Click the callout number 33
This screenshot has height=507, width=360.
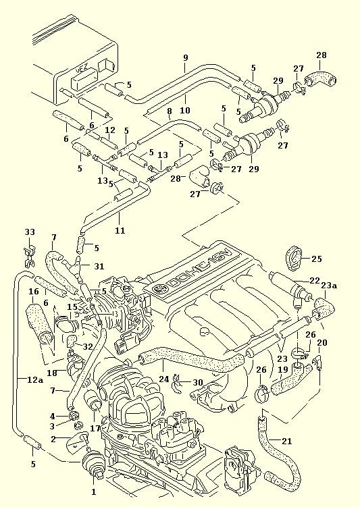pos(30,232)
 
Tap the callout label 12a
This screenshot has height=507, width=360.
pos(35,380)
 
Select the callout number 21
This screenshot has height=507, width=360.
pos(286,441)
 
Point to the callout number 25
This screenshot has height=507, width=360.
pos(317,259)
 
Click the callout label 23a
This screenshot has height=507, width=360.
pos(330,286)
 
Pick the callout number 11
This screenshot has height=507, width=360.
pos(120,230)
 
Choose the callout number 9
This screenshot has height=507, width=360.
pos(185,58)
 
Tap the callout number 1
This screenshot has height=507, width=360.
pos(94,491)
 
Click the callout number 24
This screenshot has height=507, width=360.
pos(164,378)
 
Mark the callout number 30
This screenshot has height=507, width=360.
pos(197,383)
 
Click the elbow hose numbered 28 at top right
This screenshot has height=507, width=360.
pos(320,80)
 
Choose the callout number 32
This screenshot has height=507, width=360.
pos(88,346)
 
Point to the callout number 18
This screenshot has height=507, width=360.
pos(52,373)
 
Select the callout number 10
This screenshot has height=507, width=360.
pos(185,110)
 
